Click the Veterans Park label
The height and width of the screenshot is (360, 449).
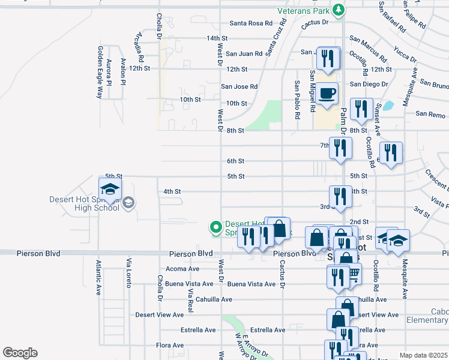click(x=304, y=11)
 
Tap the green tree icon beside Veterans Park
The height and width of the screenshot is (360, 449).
click(x=339, y=10)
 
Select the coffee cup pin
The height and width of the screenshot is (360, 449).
click(x=327, y=94)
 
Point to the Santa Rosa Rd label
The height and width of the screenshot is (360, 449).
click(x=252, y=23)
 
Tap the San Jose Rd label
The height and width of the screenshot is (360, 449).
click(x=239, y=86)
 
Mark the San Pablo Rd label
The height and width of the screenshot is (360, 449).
click(x=297, y=96)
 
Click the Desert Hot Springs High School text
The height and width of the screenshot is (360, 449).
click(x=86, y=204)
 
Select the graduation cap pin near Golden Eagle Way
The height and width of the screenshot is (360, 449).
click(x=110, y=189)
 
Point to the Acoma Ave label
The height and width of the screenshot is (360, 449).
click(x=182, y=268)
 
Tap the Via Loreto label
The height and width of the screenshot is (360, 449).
click(x=128, y=272)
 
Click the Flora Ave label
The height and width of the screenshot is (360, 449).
click(x=170, y=345)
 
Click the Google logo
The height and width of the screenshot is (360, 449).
click(x=20, y=353)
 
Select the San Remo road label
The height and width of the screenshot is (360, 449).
click(x=430, y=113)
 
